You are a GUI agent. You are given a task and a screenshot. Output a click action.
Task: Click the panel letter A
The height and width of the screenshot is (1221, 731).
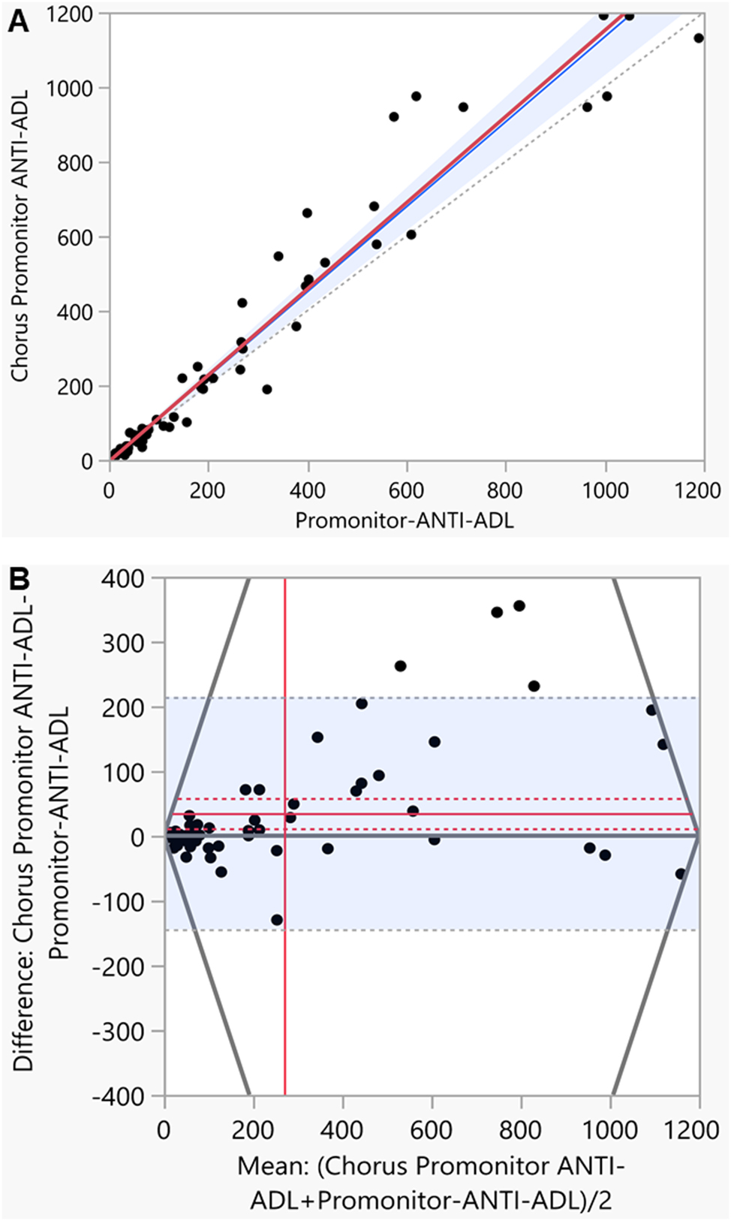[18, 22]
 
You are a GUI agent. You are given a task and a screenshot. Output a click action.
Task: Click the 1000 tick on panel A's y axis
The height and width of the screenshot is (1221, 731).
[69, 89]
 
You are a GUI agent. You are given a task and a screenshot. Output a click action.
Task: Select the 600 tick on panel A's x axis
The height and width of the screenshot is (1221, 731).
[406, 490]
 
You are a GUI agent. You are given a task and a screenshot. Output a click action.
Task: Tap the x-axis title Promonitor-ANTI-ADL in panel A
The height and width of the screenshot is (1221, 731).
[405, 520]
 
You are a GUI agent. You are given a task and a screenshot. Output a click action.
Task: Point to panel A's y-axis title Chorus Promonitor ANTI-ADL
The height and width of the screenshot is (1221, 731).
[20, 236]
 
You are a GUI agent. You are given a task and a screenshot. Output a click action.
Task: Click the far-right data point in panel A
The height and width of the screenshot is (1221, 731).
[699, 38]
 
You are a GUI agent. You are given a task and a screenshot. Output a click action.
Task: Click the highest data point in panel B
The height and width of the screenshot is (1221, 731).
[519, 606]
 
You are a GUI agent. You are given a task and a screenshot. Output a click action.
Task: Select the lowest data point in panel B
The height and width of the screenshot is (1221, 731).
[277, 920]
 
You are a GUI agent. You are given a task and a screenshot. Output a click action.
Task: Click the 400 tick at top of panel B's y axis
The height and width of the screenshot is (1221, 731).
[123, 578]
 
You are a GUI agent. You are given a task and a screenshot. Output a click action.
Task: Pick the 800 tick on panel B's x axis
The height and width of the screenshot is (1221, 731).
[520, 1129]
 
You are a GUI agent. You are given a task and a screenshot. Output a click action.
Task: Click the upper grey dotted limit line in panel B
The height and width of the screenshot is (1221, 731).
[450, 698]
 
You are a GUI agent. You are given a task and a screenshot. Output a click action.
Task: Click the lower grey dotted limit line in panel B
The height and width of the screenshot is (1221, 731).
[450, 930]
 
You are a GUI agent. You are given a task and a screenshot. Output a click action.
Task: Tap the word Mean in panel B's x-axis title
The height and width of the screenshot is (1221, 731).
[270, 1166]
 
